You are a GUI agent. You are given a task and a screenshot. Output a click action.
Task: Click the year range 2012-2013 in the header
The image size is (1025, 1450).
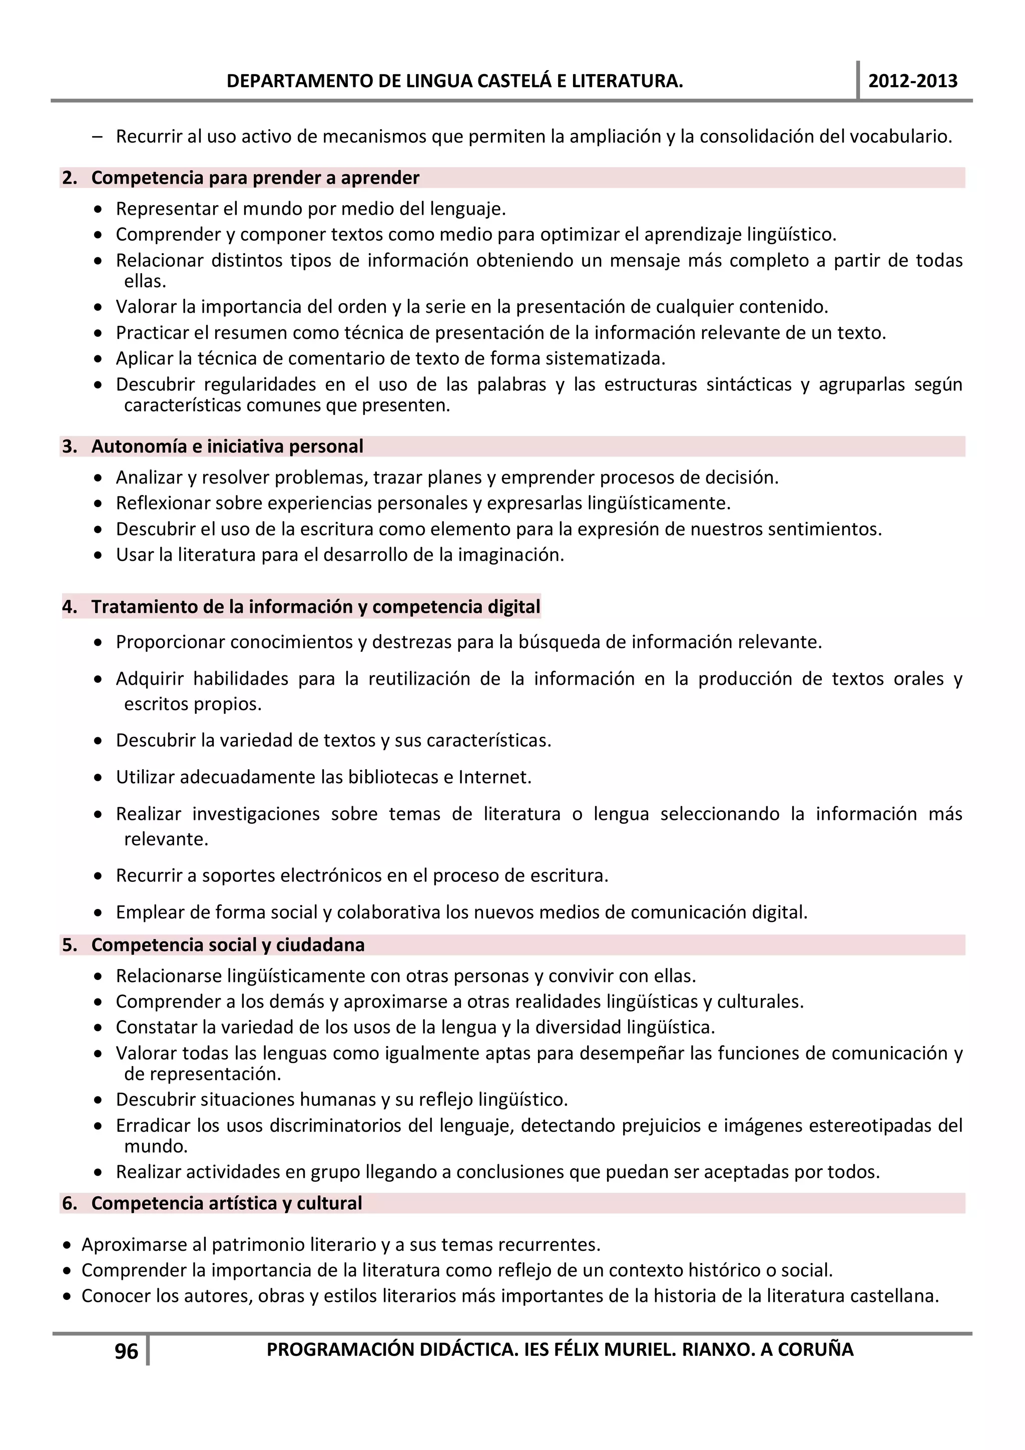912,81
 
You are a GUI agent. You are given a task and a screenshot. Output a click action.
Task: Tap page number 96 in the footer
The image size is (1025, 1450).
126,1351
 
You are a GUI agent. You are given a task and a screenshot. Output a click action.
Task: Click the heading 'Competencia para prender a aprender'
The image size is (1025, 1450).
255,178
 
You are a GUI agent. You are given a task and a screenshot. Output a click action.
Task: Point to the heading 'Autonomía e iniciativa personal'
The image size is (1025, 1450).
227,446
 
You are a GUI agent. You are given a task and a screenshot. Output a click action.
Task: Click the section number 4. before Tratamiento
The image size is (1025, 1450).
70,607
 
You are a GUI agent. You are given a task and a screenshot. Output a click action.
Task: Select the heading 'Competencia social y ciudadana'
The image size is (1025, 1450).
228,945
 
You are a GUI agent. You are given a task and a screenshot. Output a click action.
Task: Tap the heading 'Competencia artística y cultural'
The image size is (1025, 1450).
227,1203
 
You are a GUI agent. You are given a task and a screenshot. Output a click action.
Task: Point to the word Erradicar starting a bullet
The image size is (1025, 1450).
153,1125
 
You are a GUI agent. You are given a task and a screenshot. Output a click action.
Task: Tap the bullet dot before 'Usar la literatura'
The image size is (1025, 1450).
98,556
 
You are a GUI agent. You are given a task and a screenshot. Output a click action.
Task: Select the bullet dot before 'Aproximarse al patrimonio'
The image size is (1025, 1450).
67,1245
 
